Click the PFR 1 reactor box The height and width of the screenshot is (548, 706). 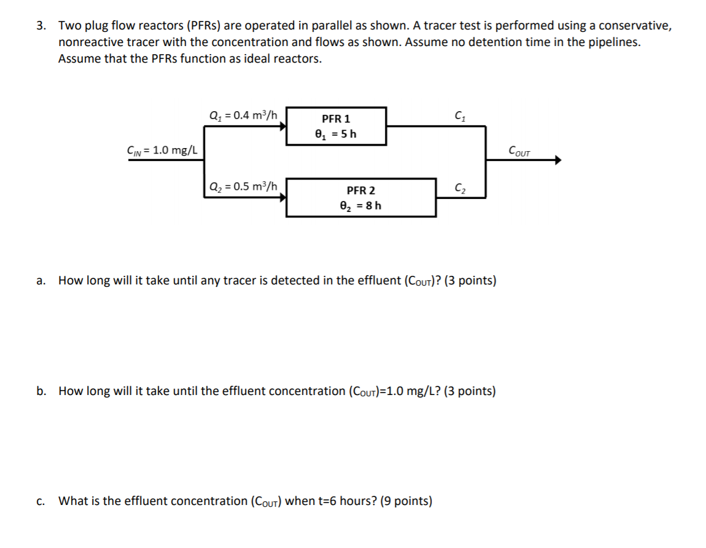click(x=336, y=126)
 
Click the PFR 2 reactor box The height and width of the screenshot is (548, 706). click(x=361, y=198)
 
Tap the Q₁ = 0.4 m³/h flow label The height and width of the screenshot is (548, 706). click(x=243, y=115)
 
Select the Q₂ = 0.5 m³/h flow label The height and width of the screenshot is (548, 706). click(x=243, y=186)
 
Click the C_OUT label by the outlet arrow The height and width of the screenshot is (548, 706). click(x=519, y=151)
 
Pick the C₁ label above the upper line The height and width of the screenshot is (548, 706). click(x=459, y=115)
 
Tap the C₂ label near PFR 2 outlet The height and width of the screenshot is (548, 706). click(x=459, y=187)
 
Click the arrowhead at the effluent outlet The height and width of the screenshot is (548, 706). click(x=557, y=160)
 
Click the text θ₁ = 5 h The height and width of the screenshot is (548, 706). click(x=336, y=133)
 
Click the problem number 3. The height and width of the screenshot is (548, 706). click(x=41, y=26)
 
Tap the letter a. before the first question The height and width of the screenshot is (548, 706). click(x=41, y=281)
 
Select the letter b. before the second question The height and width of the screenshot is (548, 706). click(x=41, y=391)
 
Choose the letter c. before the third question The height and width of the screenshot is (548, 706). click(x=41, y=501)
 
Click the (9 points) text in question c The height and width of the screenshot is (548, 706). click(x=406, y=501)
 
